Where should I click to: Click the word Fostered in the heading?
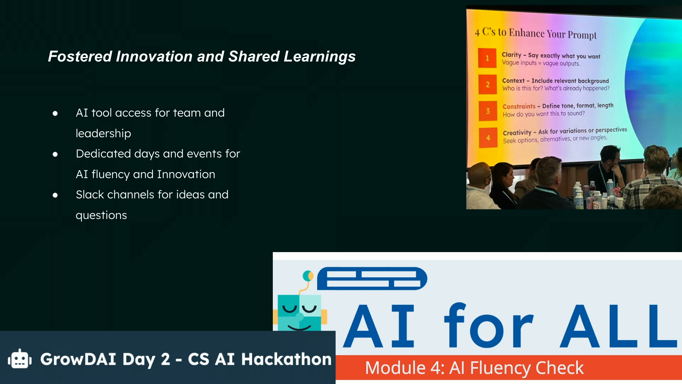(x=80, y=57)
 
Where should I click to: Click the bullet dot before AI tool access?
(x=55, y=113)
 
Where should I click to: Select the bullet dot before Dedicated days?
(x=55, y=154)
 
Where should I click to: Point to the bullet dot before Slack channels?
(x=55, y=195)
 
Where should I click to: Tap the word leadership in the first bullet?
(x=103, y=133)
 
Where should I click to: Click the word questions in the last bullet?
(x=101, y=215)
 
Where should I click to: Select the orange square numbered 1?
(x=487, y=58)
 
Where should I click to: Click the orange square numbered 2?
(x=488, y=84)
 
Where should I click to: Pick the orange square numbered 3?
(x=488, y=111)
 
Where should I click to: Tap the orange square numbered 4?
(x=488, y=138)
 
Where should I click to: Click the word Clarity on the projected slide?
(x=511, y=55)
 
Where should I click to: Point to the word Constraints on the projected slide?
(x=519, y=106)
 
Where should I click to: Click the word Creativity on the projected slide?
(x=517, y=133)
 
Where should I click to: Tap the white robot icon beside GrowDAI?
(x=20, y=359)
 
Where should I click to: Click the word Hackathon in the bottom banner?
(x=286, y=359)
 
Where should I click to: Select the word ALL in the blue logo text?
(x=618, y=326)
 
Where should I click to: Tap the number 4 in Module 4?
(x=437, y=368)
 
